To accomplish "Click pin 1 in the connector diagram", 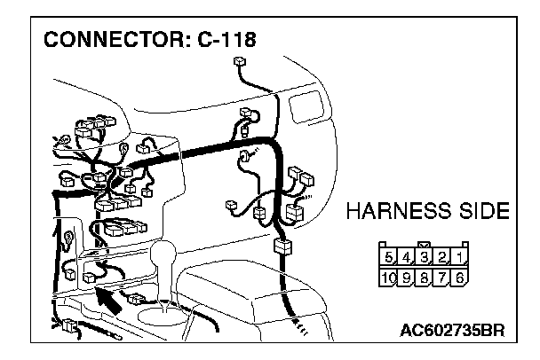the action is (x=459, y=259).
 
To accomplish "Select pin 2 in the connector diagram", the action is (x=442, y=259).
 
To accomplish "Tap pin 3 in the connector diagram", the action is (x=425, y=259).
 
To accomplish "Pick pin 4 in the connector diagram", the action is (x=407, y=259).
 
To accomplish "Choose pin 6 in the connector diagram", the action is (x=459, y=277).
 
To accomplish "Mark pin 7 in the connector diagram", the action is (x=442, y=277).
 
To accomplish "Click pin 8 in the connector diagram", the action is (x=425, y=277).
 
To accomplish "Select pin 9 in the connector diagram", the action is (x=407, y=277).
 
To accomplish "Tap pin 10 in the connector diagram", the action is (x=388, y=277).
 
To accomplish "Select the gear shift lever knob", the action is (x=166, y=257).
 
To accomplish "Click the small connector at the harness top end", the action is (x=238, y=63).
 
